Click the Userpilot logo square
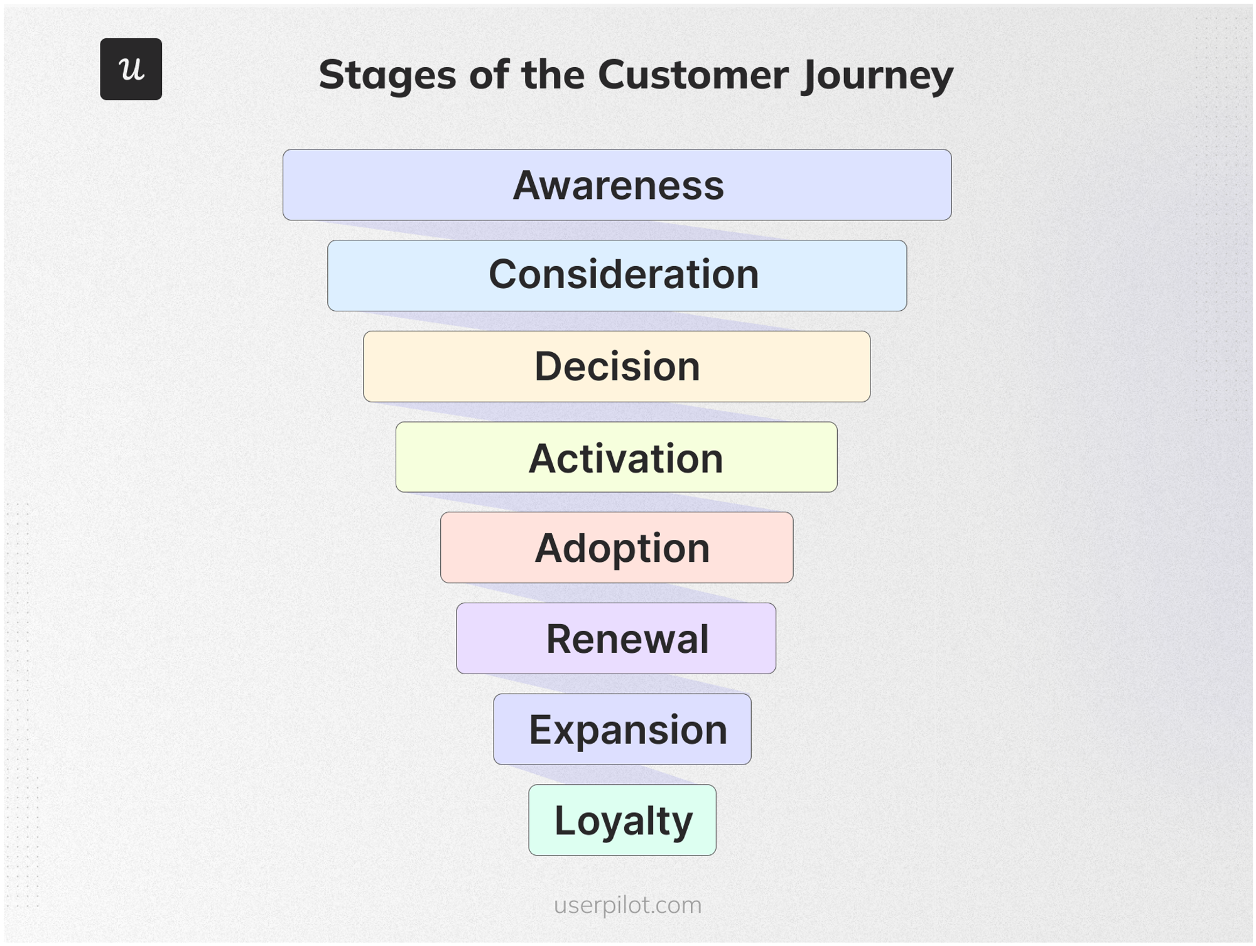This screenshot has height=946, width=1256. pos(131,69)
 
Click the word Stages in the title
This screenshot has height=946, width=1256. pos(387,75)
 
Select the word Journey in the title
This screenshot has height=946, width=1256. pos(877,75)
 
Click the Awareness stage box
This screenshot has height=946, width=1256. pos(617,185)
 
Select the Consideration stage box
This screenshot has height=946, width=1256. pos(617,276)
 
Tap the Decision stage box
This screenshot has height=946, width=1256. pos(617,367)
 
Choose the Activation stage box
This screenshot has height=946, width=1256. pos(617,457)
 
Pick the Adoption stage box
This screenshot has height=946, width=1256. pos(617,547)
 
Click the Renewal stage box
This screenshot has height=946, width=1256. pos(617,638)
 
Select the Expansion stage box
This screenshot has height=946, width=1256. pos(622,729)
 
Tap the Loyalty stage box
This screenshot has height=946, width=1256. pos(622,820)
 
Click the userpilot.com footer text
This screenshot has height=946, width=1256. pos(627,905)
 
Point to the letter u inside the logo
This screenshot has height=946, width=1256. pos(131,69)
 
